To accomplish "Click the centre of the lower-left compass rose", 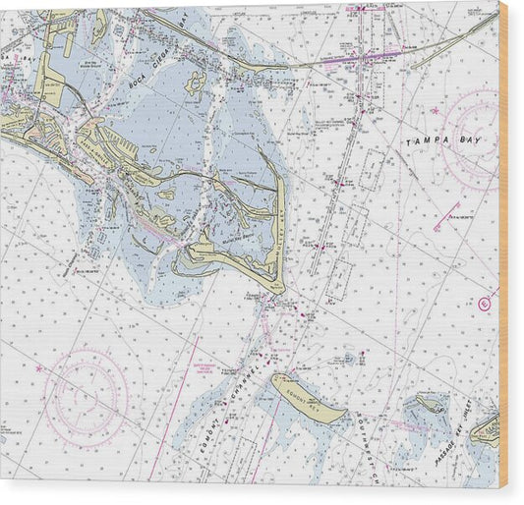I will click(87, 396).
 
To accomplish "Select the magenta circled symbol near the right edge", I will click(484, 304).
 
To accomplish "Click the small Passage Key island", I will click(429, 403).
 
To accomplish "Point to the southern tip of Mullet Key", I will click(278, 287).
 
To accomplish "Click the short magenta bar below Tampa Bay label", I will click(447, 207).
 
